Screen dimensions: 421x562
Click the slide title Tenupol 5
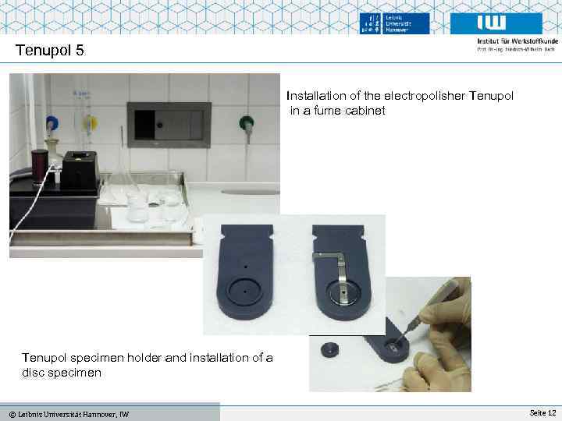coord(49,51)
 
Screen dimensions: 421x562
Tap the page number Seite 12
coord(542,412)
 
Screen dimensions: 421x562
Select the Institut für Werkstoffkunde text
coord(516,41)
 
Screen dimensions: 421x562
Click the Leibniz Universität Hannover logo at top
coord(395,23)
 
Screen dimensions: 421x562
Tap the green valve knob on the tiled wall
coord(246,122)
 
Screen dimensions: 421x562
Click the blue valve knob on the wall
coord(52,122)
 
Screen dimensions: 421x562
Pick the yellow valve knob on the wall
coord(91,122)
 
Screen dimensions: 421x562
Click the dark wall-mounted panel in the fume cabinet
coord(169,123)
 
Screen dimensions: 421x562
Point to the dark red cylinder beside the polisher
coord(39,165)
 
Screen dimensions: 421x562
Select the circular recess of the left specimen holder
coord(244,291)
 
